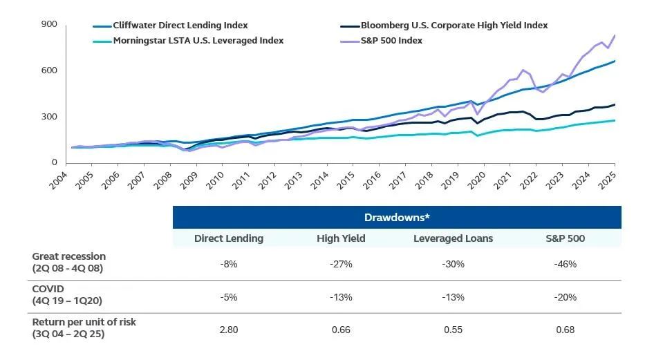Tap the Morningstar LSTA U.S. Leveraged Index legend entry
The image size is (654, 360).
click(187, 41)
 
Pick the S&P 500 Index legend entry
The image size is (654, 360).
click(391, 41)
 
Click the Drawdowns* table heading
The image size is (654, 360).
click(396, 218)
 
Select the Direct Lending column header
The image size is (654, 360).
click(229, 238)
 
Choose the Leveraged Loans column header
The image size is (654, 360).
click(453, 238)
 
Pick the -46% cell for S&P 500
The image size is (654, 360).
click(565, 263)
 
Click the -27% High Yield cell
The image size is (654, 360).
click(341, 263)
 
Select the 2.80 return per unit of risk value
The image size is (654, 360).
click(229, 330)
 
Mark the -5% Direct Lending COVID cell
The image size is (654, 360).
click(229, 297)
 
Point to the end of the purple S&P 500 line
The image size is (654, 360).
click(615, 35)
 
